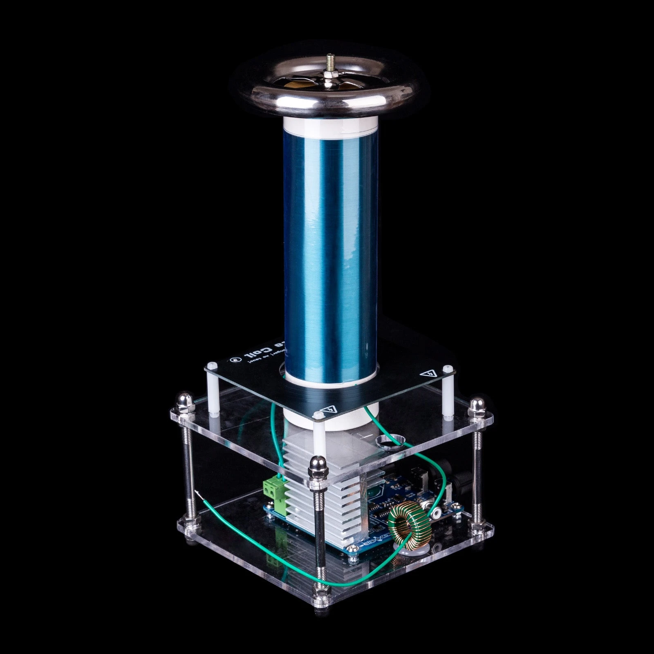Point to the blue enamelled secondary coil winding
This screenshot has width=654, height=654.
(x=330, y=245)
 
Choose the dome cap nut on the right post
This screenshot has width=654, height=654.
(x=475, y=405)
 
